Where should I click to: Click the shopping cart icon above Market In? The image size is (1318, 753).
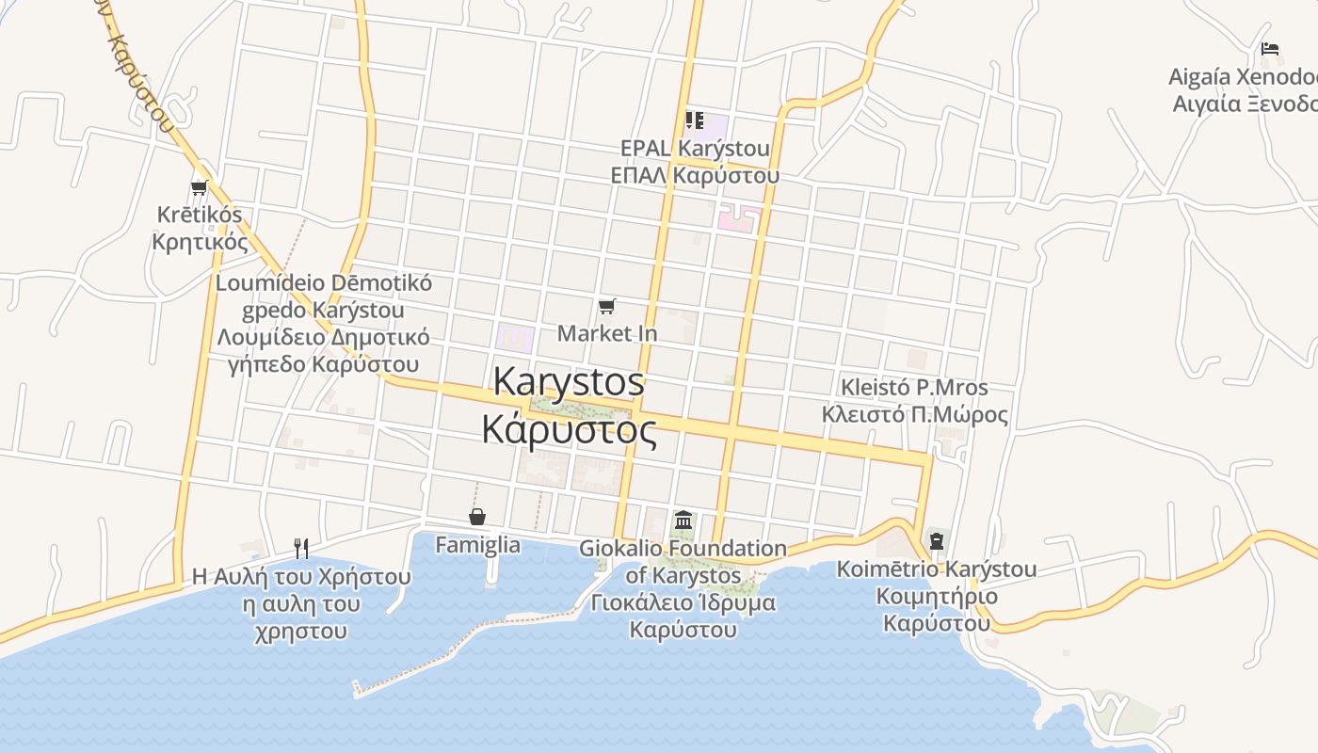607,307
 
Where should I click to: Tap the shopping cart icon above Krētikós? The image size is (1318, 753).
199,188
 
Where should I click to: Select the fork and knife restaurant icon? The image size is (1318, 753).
301,548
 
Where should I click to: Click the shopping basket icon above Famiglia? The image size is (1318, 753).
477,517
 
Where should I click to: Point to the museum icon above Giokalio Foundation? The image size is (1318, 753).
683,520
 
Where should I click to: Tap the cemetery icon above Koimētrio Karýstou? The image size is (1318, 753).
936,541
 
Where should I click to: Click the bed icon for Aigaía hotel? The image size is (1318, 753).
1270,49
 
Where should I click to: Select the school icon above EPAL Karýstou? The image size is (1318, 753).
694,120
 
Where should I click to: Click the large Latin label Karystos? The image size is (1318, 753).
569,382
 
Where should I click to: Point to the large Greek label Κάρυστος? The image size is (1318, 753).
569,429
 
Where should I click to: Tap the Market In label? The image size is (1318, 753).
607,333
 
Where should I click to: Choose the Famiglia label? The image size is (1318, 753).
477,544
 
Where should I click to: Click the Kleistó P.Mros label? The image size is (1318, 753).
914,388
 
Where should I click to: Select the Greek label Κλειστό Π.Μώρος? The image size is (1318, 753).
914,415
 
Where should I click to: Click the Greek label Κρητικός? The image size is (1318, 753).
199,242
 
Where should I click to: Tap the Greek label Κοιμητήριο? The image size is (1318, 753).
937,597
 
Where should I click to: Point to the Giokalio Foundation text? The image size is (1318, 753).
683,548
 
